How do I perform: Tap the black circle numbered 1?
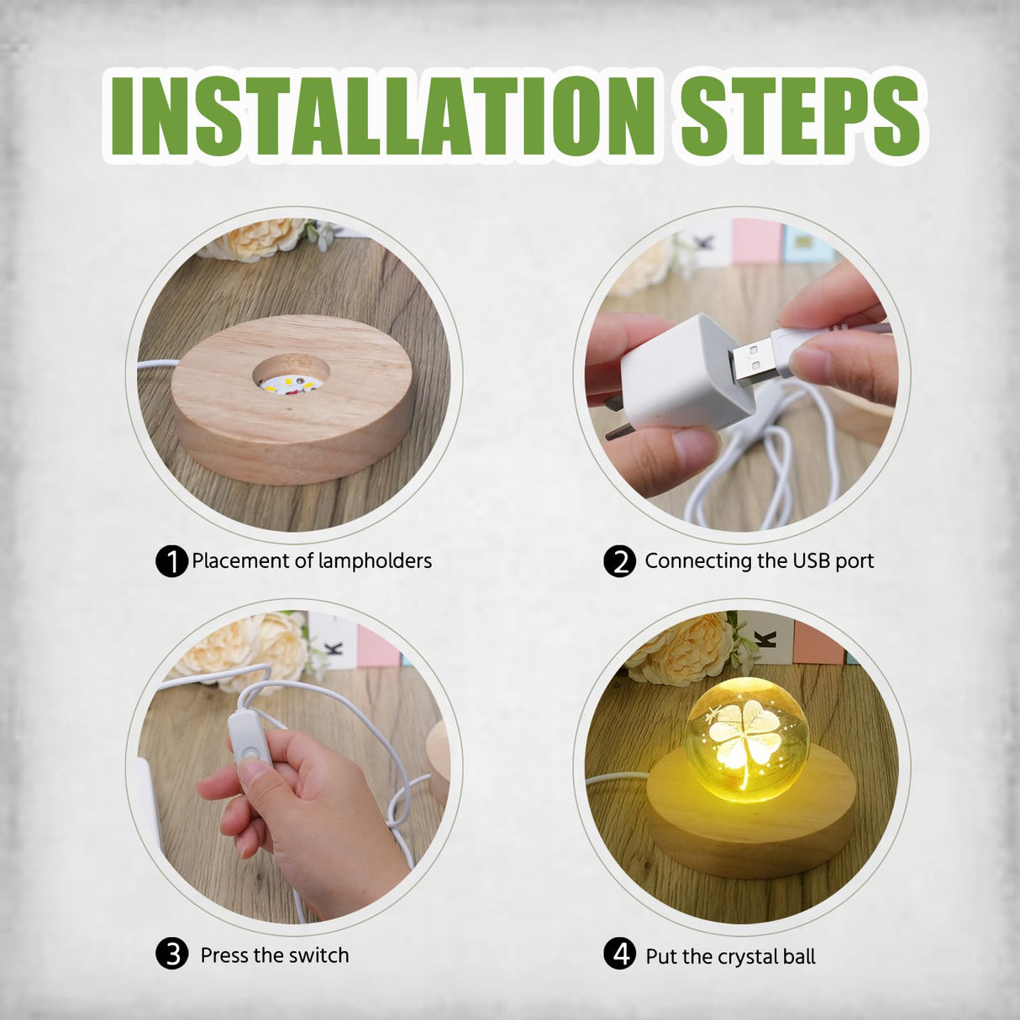tap(171, 561)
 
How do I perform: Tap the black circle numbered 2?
tap(619, 561)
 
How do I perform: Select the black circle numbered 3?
tap(171, 955)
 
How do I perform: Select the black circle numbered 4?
tap(619, 955)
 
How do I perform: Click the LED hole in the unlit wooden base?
tap(287, 379)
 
